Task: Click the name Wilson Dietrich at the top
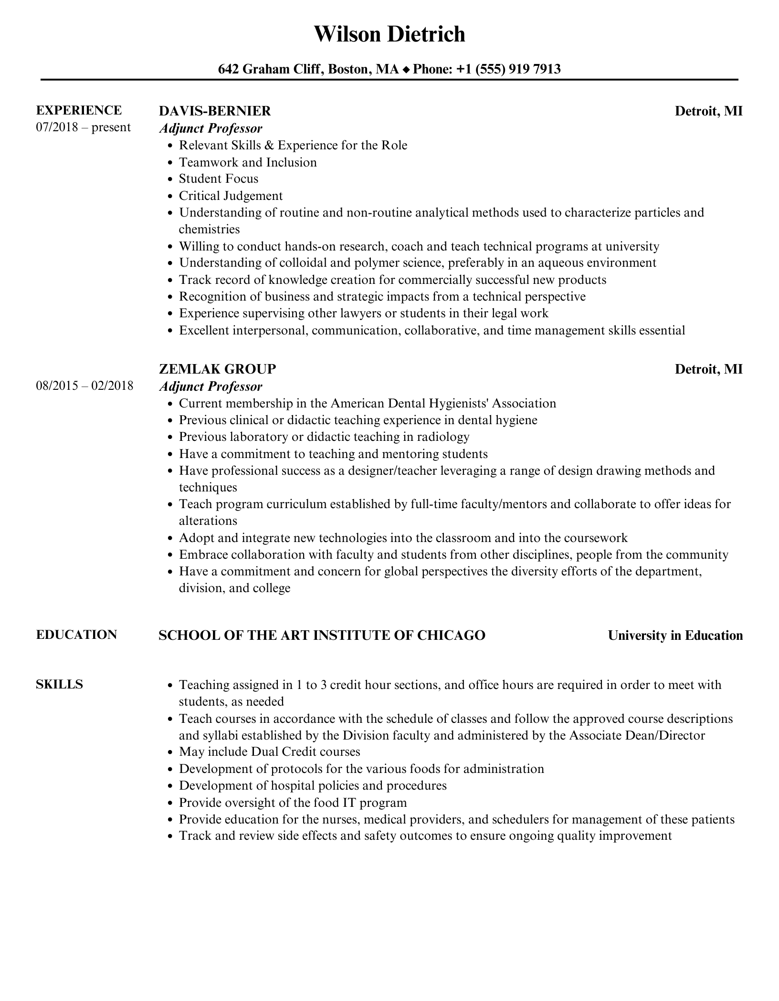(x=389, y=34)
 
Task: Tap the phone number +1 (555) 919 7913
(x=508, y=70)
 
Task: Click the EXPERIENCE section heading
(x=79, y=110)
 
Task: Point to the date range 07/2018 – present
(x=83, y=127)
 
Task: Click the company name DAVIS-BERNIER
(x=215, y=111)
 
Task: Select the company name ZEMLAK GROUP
(x=217, y=369)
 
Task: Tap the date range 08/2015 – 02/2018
(x=84, y=386)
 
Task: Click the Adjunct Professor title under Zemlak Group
(x=211, y=386)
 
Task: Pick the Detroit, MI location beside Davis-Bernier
(x=708, y=111)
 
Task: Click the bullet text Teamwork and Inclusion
(x=248, y=162)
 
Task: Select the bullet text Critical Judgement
(x=231, y=196)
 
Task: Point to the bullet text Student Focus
(x=219, y=179)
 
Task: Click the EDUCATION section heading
(x=76, y=635)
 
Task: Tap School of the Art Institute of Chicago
(x=322, y=636)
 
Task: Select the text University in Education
(x=675, y=636)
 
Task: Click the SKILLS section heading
(x=59, y=684)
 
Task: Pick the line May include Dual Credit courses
(x=269, y=752)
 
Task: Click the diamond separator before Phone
(x=406, y=70)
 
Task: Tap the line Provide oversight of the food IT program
(x=293, y=803)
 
